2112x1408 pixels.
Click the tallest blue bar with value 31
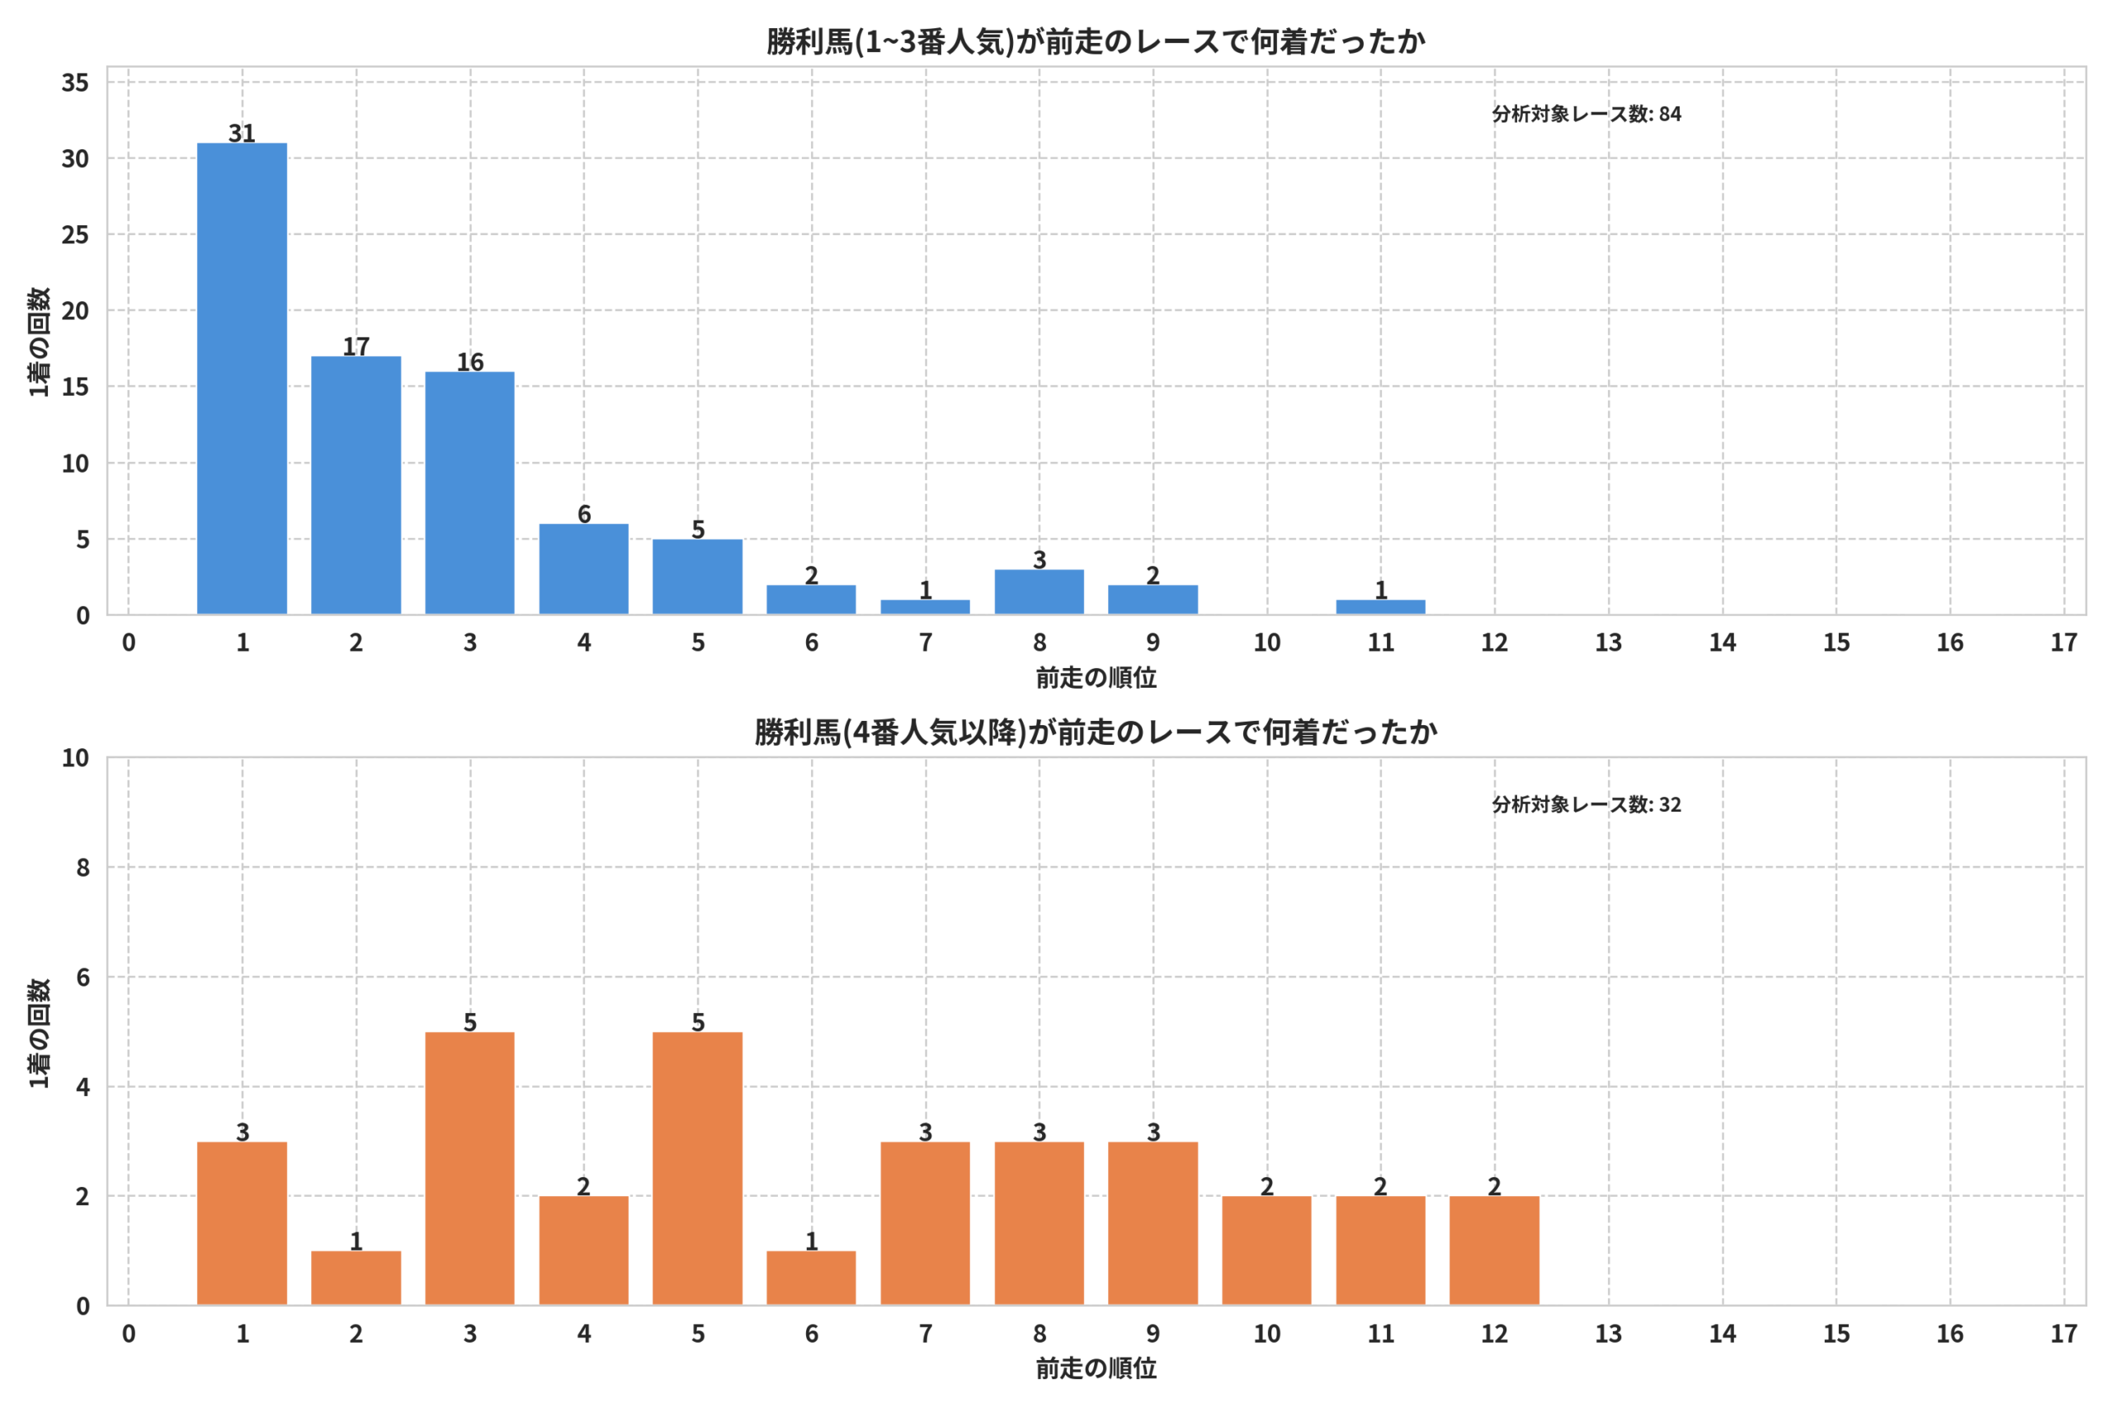pyautogui.click(x=242, y=379)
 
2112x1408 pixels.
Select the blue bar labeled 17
pyautogui.click(x=356, y=486)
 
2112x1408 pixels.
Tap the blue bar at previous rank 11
pyautogui.click(x=1380, y=607)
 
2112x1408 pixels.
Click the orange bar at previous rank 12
pyautogui.click(x=1494, y=1250)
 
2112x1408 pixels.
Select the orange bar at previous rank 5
pyautogui.click(x=698, y=1168)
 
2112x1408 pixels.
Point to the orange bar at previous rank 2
pyautogui.click(x=356, y=1278)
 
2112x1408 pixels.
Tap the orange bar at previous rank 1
pyautogui.click(x=242, y=1223)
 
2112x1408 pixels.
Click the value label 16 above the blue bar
pyautogui.click(x=469, y=362)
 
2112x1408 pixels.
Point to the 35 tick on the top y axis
pyautogui.click(x=75, y=82)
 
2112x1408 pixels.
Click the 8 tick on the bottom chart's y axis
pyautogui.click(x=82, y=868)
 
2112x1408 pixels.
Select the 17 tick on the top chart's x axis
pyautogui.click(x=2063, y=642)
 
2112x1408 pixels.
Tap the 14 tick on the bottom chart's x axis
pyautogui.click(x=1723, y=1334)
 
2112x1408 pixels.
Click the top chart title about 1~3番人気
pyautogui.click(x=1096, y=41)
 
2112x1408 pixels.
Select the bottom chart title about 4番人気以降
pyautogui.click(x=1096, y=732)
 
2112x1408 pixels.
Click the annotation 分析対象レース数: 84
pyautogui.click(x=1586, y=114)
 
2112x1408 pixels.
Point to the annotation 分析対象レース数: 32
pyautogui.click(x=1586, y=804)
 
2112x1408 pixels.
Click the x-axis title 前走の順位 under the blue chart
pyautogui.click(x=1096, y=677)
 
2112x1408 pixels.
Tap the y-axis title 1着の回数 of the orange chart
pyautogui.click(x=40, y=1033)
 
